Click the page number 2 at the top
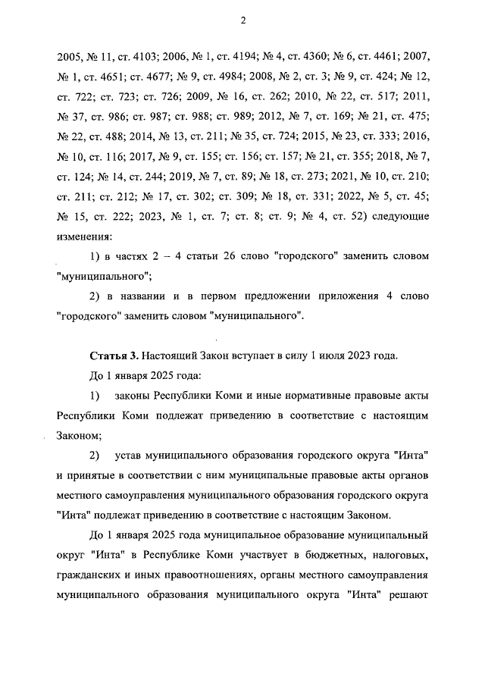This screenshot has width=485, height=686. tap(242, 20)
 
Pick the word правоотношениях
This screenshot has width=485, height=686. tap(209, 575)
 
